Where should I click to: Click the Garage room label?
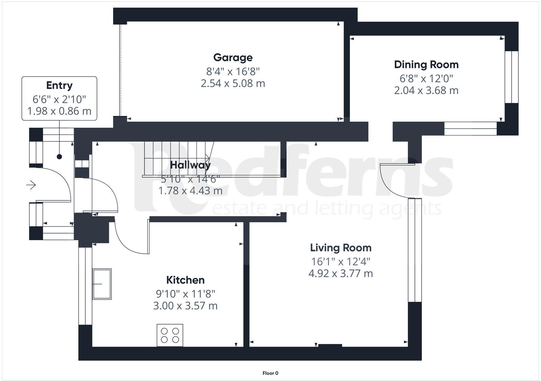coord(233,58)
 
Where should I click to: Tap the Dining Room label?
coord(426,65)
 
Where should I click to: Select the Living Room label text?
coord(340,248)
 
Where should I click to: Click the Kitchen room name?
coord(185,280)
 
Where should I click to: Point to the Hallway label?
coord(190,165)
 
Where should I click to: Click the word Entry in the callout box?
coord(59,85)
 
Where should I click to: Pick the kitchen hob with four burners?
coord(170,335)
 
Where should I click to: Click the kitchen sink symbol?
coord(102,284)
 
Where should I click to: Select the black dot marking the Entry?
coord(60,157)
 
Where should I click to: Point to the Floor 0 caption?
coord(270,373)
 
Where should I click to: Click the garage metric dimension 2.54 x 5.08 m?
coord(233,83)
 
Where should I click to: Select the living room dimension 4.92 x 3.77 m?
coord(340,273)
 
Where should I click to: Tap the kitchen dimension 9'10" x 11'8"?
coord(185,294)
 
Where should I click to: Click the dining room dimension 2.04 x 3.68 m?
coord(426,91)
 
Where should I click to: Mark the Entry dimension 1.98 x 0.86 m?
coord(59,111)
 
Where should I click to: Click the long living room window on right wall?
coord(415,250)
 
